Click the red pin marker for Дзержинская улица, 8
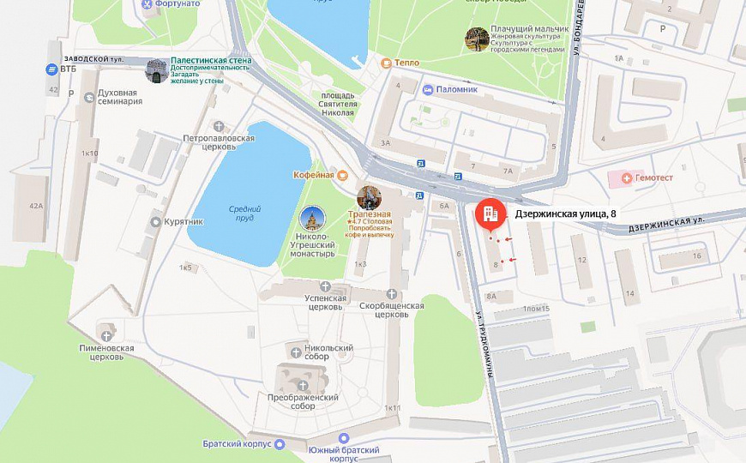click(x=490, y=214)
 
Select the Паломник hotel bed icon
click(x=428, y=88)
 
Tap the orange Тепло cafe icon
click(x=387, y=63)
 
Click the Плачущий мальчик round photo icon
click(x=477, y=39)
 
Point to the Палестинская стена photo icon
click(x=156, y=70)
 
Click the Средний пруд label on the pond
click(x=244, y=213)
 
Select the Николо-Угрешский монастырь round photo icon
click(x=312, y=219)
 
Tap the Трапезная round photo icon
click(x=369, y=197)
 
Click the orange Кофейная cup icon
click(x=342, y=175)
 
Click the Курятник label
click(x=184, y=222)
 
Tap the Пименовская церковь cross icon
click(x=107, y=335)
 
